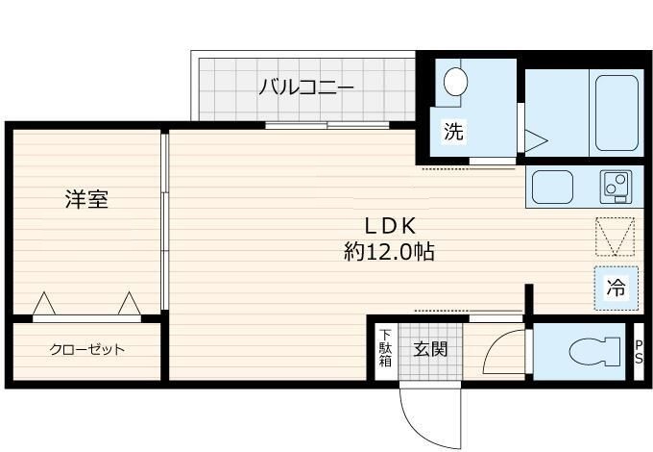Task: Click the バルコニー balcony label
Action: coord(306,88)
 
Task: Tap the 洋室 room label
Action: coord(86,200)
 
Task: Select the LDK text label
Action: coord(389,227)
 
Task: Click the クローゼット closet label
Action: coord(86,349)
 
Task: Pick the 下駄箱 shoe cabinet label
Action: coord(384,348)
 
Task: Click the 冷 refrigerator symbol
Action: coord(615,286)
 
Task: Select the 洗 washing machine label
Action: coord(452,133)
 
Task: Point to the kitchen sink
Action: coord(552,184)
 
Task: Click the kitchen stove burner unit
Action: coord(615,184)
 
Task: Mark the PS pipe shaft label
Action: coord(639,352)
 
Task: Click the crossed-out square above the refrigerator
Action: coord(615,235)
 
